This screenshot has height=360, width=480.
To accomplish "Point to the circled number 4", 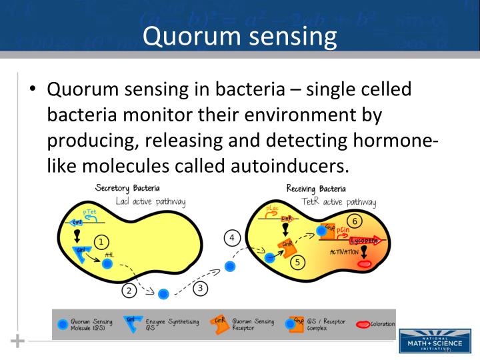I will pyautogui.click(x=231, y=238).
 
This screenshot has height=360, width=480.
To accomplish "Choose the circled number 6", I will pyautogui.click(x=355, y=221).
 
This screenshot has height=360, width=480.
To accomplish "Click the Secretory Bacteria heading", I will pyautogui.click(x=127, y=189).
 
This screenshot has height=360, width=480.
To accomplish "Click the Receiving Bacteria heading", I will pyautogui.click(x=316, y=189).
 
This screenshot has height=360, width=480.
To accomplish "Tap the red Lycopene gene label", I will pyautogui.click(x=364, y=240).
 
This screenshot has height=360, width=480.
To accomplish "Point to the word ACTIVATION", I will pyautogui.click(x=344, y=252).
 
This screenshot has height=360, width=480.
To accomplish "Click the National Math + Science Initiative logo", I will pyautogui.click(x=429, y=340).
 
